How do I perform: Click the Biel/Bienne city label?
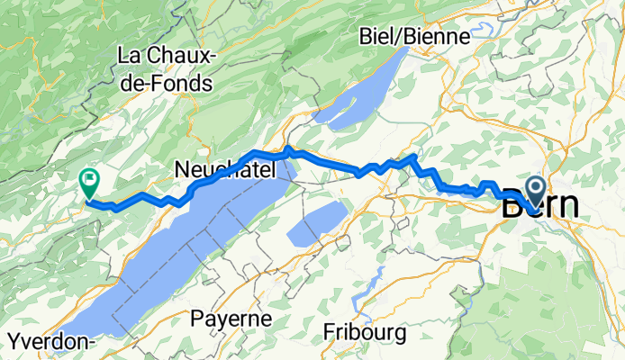pyautogui.click(x=414, y=37)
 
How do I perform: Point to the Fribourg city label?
pyautogui.click(x=364, y=332)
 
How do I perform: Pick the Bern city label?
pyautogui.click(x=539, y=204)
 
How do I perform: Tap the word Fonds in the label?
pyautogui.click(x=182, y=84)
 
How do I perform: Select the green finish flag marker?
pyautogui.click(x=89, y=183)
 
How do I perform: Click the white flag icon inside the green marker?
pyautogui.click(x=89, y=179)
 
